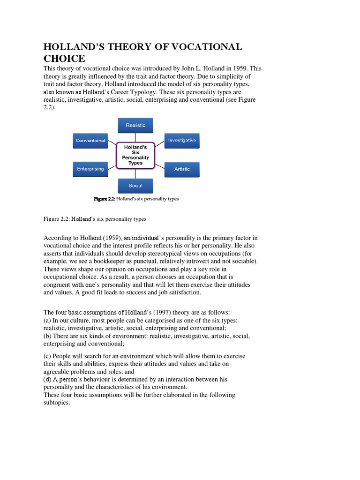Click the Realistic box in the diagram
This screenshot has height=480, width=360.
point(135,125)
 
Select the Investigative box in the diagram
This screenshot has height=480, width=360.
point(182,140)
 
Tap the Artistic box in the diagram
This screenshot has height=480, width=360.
point(182,169)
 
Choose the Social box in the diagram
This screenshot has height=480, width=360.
point(135,186)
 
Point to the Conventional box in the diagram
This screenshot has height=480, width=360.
point(90,140)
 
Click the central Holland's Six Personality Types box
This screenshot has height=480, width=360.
point(135,155)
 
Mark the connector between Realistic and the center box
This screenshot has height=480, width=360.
point(135,137)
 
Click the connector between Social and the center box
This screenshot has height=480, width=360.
point(135,173)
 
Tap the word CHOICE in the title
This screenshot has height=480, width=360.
point(64,59)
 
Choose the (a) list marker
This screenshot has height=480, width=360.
point(47,321)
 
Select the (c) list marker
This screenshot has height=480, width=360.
point(47,356)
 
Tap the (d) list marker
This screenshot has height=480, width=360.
point(47,379)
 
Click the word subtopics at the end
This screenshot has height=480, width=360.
point(56,403)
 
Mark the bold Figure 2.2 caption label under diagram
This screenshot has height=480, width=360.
point(105,199)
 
